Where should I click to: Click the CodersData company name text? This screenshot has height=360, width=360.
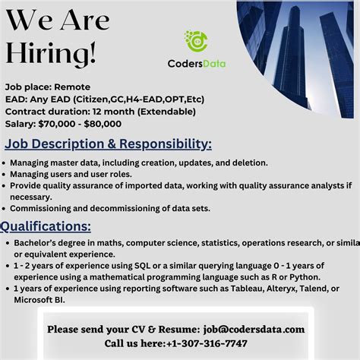(x=197, y=64)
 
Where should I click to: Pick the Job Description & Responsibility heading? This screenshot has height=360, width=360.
(x=108, y=144)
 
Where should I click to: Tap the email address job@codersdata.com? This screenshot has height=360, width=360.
(x=254, y=329)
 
